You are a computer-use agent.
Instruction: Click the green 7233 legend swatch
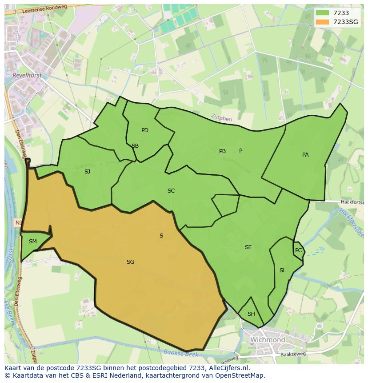point(322,13)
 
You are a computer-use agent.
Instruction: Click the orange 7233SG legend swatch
point(322,22)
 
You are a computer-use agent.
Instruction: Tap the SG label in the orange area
point(130,262)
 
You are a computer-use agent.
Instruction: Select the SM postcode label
point(33,242)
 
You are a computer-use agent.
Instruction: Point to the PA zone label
point(305,155)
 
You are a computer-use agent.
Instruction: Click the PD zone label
point(145,130)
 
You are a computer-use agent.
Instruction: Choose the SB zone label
point(135,146)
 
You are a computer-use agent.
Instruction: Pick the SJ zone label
point(87,171)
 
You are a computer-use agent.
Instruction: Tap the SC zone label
point(171,191)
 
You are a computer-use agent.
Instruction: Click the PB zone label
point(222,151)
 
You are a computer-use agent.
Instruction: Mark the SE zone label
point(248,247)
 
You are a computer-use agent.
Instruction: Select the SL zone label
point(283,270)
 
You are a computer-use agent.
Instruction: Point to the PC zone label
point(298,250)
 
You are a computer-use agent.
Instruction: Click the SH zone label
point(251,314)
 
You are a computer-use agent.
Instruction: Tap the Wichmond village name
point(268,340)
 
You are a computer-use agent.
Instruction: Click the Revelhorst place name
point(27,75)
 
